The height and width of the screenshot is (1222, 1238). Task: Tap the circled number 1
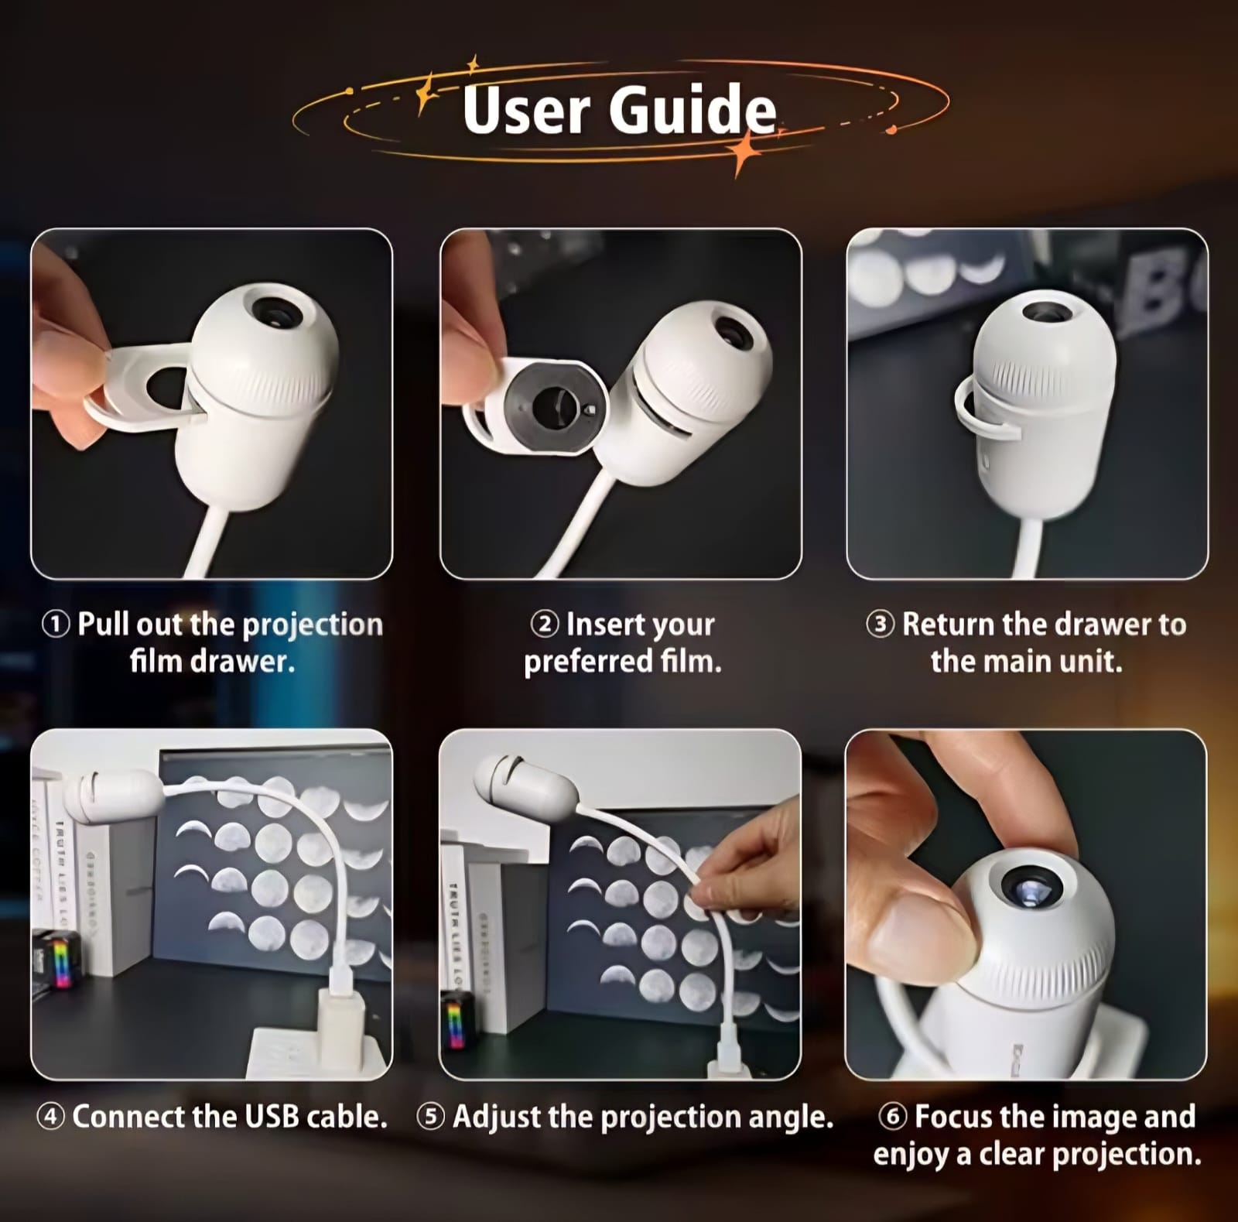click(x=56, y=624)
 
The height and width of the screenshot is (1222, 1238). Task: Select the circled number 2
click(x=545, y=624)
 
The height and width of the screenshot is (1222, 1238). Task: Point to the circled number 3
click(x=881, y=624)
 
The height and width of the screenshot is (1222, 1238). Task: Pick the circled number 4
click(x=51, y=1117)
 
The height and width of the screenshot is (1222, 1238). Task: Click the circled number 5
click(x=431, y=1117)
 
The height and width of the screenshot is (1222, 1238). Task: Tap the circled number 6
click(x=893, y=1116)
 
